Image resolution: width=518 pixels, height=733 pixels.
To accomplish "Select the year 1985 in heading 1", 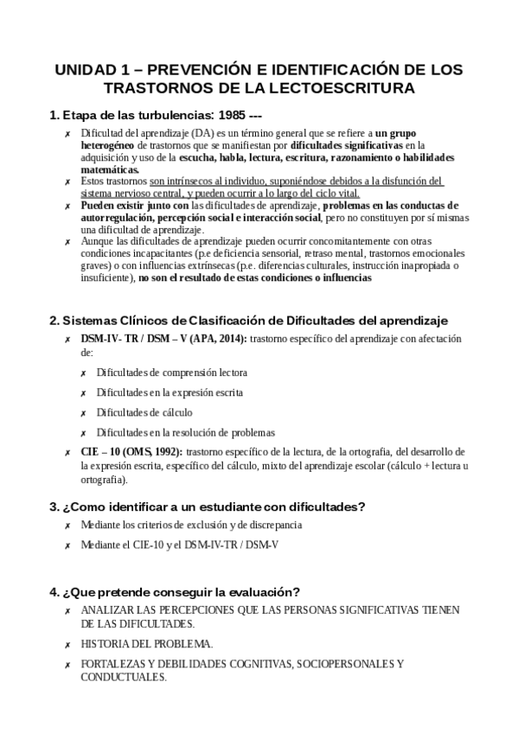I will tap(229, 115).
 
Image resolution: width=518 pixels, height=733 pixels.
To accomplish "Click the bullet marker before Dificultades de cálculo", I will tap(82, 413).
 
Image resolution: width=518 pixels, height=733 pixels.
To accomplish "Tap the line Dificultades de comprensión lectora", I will tap(172, 373).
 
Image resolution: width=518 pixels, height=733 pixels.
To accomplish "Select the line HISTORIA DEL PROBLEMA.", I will tap(147, 644).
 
